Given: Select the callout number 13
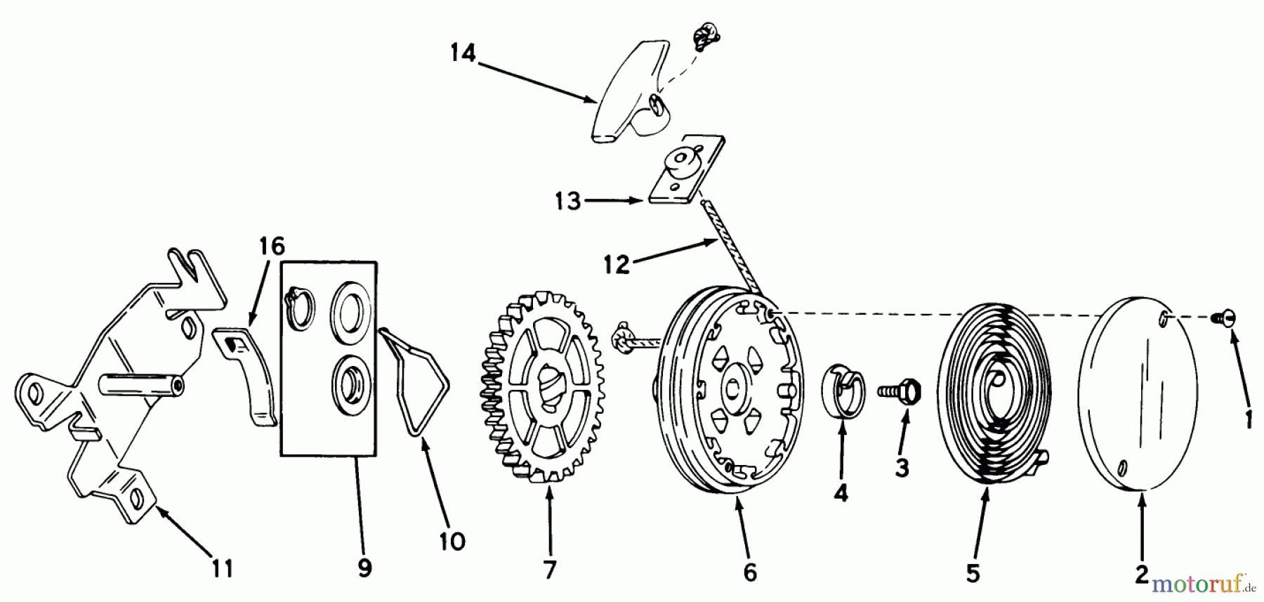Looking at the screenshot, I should tap(567, 202).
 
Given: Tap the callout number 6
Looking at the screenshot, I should tap(750, 572).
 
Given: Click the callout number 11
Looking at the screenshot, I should tap(223, 568).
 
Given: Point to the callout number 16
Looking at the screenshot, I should tap(272, 247).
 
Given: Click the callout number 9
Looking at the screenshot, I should tap(364, 568).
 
